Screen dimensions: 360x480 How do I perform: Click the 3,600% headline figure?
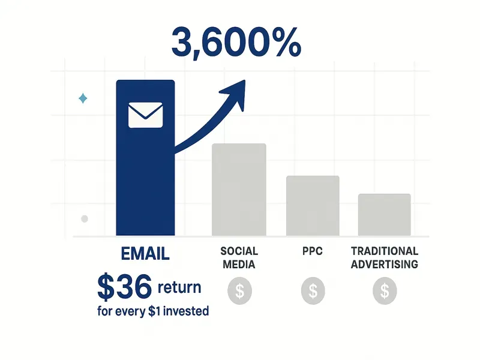pyautogui.click(x=236, y=41)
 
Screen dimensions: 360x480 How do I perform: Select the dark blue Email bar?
pyautogui.click(x=145, y=180)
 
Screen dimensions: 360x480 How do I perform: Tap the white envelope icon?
pyautogui.click(x=145, y=115)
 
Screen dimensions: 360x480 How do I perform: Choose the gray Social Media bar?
pyautogui.click(x=239, y=190)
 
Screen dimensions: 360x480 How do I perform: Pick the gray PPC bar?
pyautogui.click(x=313, y=205)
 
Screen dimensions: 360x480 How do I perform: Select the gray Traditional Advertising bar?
pyautogui.click(x=385, y=214)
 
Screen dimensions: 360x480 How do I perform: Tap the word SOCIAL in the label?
pyautogui.click(x=239, y=251)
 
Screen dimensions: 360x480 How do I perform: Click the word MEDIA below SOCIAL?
pyautogui.click(x=239, y=264)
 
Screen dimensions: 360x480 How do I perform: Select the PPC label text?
pyautogui.click(x=313, y=251)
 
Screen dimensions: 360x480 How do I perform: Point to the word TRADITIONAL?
pyautogui.click(x=385, y=251)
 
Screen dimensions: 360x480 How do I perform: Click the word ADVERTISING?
pyautogui.click(x=385, y=264)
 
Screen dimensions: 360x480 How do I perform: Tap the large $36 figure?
pyautogui.click(x=124, y=288)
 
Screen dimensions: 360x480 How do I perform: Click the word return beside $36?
pyautogui.click(x=179, y=287)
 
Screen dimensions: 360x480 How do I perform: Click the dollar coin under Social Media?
pyautogui.click(x=239, y=291)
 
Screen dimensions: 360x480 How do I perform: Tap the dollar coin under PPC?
pyautogui.click(x=313, y=291)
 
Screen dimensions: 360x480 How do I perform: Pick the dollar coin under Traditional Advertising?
pyautogui.click(x=385, y=291)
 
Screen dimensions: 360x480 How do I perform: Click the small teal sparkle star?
pyautogui.click(x=83, y=98)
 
